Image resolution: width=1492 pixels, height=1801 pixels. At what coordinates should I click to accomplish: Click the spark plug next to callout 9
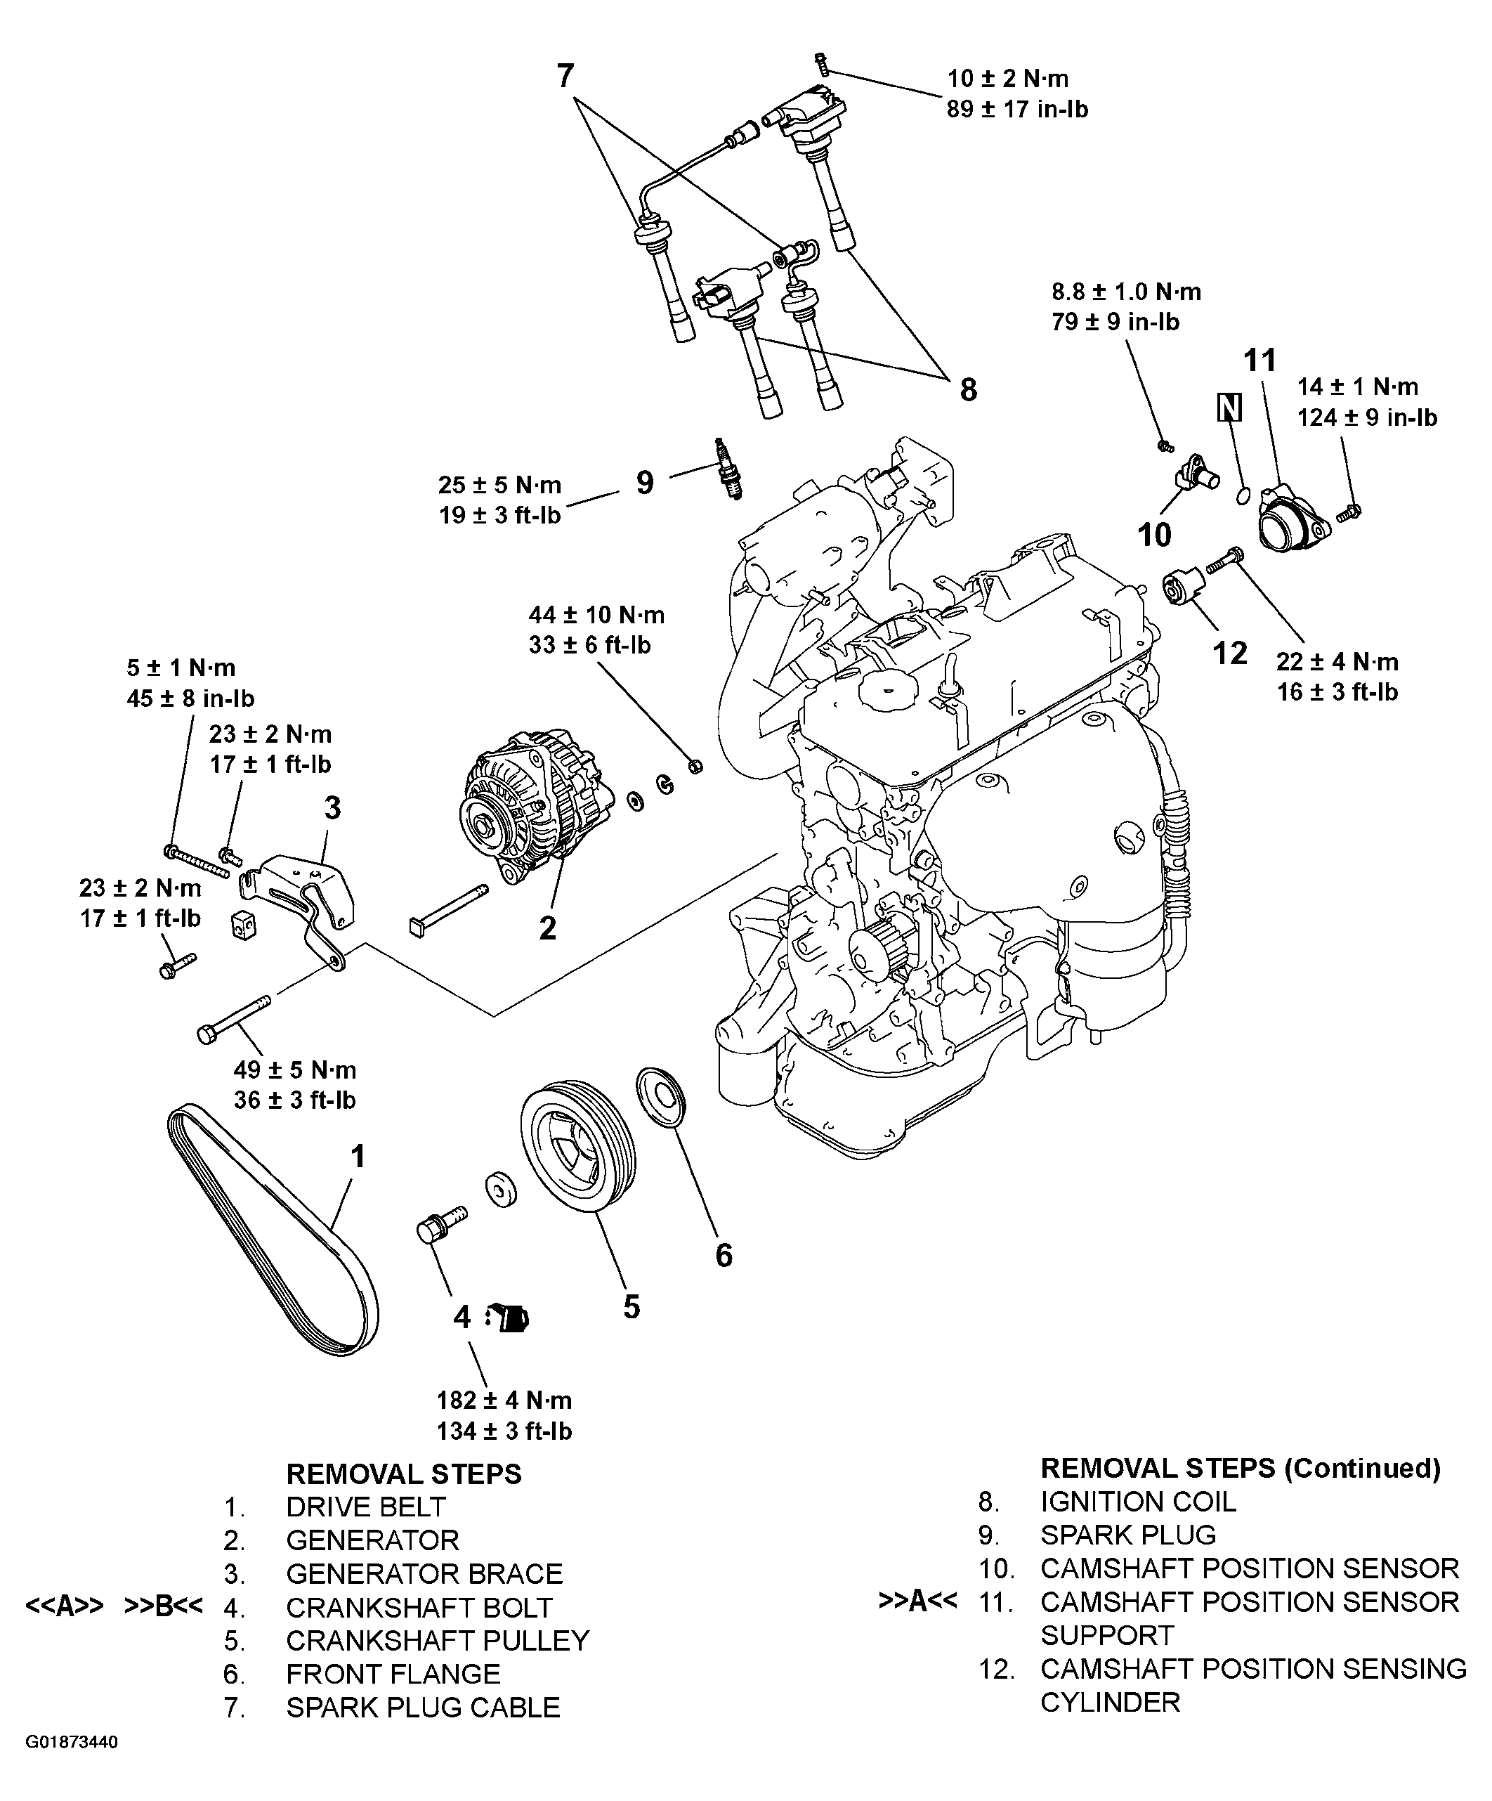click(728, 470)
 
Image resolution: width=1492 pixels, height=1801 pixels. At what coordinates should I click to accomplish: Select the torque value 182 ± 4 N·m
click(504, 1400)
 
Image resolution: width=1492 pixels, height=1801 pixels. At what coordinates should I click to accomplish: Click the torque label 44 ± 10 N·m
click(596, 615)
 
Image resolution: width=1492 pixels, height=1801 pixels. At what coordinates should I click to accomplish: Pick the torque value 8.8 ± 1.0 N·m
click(1126, 292)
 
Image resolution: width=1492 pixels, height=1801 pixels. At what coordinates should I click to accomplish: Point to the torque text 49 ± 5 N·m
click(294, 1069)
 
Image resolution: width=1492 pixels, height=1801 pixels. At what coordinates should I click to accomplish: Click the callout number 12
click(1229, 653)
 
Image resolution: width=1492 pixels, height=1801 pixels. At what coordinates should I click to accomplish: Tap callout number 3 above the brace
click(333, 807)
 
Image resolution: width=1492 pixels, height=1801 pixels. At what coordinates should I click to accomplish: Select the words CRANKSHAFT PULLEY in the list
click(438, 1641)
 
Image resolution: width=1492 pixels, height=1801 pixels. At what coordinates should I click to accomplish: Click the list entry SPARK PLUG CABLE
click(423, 1708)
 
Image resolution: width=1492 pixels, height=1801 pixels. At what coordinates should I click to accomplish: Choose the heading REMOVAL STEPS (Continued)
click(1240, 1468)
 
